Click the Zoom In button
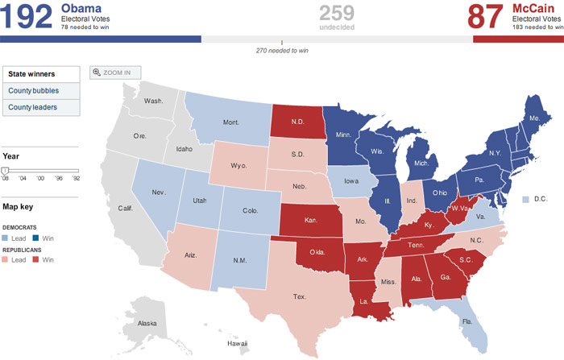pyautogui.click(x=114, y=72)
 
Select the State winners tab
pyautogui.click(x=41, y=73)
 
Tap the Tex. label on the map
pyautogui.click(x=299, y=296)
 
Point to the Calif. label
pyautogui.click(x=125, y=208)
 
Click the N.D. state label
pyautogui.click(x=296, y=122)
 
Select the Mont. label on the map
pyautogui.click(x=230, y=122)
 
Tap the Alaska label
pyautogui.click(x=147, y=323)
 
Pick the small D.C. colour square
pyautogui.click(x=525, y=198)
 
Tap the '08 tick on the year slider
pyautogui.click(x=6, y=178)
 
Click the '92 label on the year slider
pyautogui.click(x=76, y=178)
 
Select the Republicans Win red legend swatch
pyautogui.click(x=35, y=260)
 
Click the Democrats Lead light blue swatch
pyautogui.click(x=6, y=239)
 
